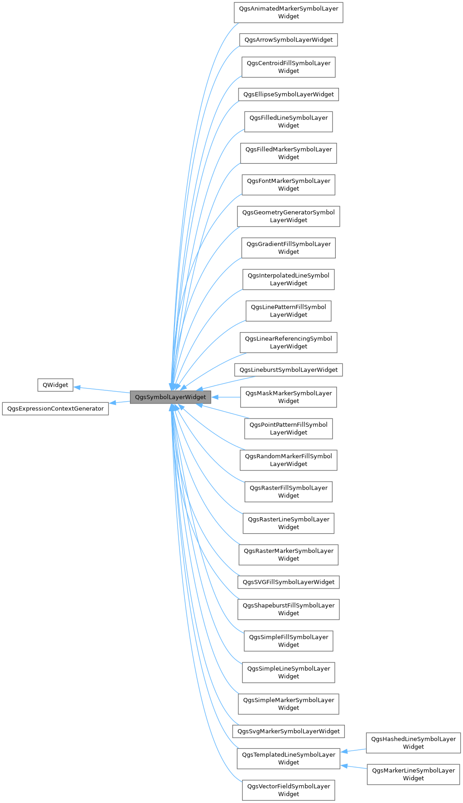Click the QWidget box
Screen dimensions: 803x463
click(x=55, y=385)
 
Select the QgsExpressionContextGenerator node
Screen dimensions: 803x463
click(x=55, y=409)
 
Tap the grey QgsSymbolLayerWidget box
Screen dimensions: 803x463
click(x=170, y=397)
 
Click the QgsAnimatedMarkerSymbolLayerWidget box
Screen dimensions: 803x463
click(x=289, y=12)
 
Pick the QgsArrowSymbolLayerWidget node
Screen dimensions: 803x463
click(x=289, y=40)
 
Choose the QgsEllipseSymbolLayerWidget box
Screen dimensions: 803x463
click(x=289, y=94)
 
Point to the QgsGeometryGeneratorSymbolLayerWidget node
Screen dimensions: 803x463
click(x=289, y=216)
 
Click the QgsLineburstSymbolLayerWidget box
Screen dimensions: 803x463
click(x=289, y=369)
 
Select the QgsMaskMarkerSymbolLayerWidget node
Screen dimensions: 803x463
click(x=289, y=397)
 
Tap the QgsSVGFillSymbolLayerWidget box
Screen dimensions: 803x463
click(x=289, y=582)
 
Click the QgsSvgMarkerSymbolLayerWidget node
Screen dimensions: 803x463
click(x=289, y=731)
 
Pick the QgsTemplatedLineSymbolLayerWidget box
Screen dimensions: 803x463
click(x=289, y=758)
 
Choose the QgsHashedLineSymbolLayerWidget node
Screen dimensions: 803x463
click(x=413, y=742)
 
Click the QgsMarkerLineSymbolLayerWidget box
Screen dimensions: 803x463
click(x=413, y=774)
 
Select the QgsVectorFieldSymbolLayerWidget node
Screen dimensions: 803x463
click(x=289, y=790)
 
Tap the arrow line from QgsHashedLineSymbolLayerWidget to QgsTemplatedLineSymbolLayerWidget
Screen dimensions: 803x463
click(x=354, y=750)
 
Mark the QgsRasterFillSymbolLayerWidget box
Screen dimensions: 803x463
click(x=289, y=491)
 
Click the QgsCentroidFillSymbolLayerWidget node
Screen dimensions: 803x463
click(x=289, y=67)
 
